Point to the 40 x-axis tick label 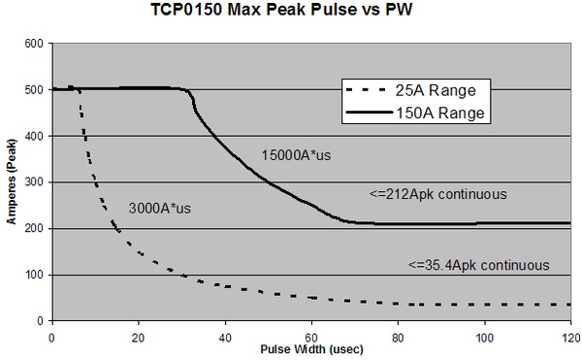(x=225, y=335)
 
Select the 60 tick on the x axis (x=311, y=335)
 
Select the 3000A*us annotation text (x=160, y=208)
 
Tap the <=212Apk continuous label (x=437, y=195)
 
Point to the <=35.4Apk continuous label (x=480, y=264)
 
